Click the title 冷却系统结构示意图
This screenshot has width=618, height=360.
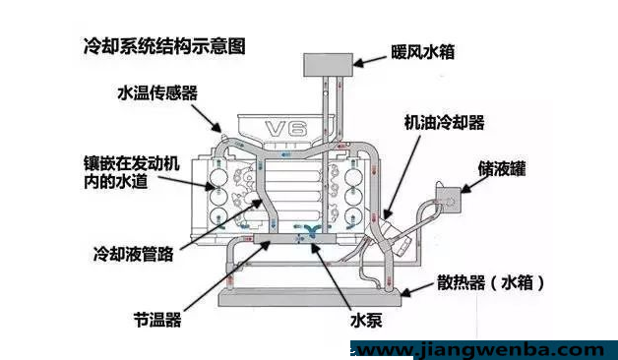coord(164,46)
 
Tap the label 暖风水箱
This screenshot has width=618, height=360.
coord(422,52)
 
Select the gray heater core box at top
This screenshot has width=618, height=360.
coord(328,65)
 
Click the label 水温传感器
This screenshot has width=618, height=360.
coord(157,93)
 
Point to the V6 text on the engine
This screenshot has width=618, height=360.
coord(285,129)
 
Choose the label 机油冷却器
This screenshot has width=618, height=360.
coord(444,123)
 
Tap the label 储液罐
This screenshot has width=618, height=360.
coord(502,168)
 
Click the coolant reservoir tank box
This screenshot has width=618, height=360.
coord(448,200)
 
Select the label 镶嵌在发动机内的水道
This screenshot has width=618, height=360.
coord(132,172)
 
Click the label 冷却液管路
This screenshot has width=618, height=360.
coord(134,255)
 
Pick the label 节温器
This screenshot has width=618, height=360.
coord(157,320)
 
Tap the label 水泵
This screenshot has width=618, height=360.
coord(366,321)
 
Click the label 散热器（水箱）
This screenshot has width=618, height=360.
coord(491,283)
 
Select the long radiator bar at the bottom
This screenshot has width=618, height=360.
coord(310,297)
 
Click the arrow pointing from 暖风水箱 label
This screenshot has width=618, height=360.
coord(370,61)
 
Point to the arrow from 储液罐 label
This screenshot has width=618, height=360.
coord(474,184)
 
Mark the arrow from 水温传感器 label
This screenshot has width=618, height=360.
coord(207,118)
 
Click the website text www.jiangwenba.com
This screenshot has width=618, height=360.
coord(480,350)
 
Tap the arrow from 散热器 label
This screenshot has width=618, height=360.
coord(417,289)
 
